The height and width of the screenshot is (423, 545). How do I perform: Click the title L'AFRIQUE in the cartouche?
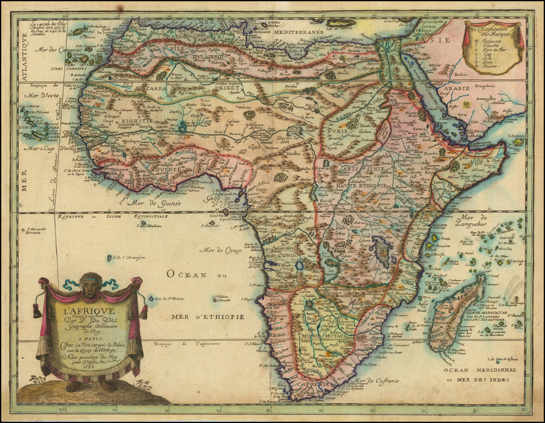(88, 311)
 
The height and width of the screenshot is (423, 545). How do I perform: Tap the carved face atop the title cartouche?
(91, 287)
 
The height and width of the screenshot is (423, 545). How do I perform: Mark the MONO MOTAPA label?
(324, 337)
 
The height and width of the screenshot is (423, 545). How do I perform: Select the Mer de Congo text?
(220, 249)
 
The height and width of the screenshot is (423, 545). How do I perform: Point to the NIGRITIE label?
(139, 121)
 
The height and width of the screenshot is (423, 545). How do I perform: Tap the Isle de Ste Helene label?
(174, 298)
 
